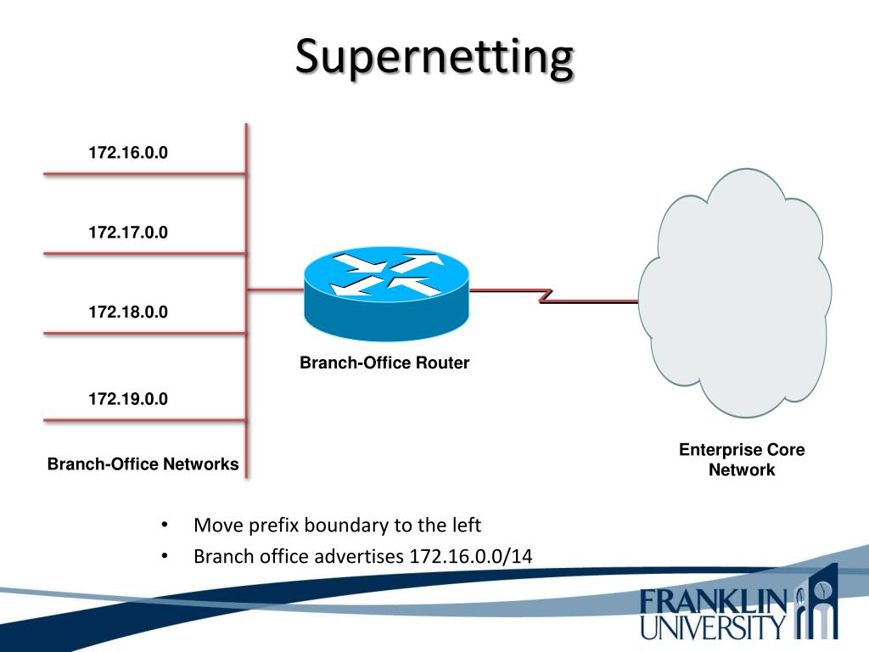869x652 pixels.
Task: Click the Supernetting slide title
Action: coord(434,58)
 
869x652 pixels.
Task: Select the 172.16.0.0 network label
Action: coord(128,153)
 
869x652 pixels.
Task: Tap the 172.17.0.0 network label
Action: coord(128,232)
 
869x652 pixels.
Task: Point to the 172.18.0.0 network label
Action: coord(128,312)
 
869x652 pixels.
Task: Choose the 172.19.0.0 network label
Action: coord(128,398)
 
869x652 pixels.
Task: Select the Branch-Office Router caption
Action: coord(384,363)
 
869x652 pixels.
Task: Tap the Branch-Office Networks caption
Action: coord(143,464)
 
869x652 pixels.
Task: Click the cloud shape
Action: coord(734,293)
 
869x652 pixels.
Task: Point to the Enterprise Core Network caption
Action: coord(742,459)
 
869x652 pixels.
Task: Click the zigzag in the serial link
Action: coord(546,295)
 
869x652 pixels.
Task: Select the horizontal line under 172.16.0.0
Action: coord(144,174)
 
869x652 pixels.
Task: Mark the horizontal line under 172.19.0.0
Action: coord(144,420)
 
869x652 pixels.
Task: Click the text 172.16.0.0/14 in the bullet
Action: coord(471,556)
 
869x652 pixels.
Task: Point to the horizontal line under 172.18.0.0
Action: coord(144,333)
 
